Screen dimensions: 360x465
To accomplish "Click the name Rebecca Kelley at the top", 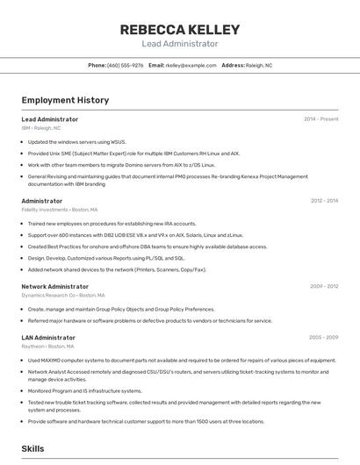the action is point(179,29).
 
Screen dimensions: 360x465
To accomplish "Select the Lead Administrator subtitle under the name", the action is point(179,43).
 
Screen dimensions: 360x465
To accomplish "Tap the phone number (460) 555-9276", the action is point(126,65).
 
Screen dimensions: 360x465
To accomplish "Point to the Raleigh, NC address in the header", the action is point(258,65).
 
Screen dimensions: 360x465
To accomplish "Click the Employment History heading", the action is point(65,100).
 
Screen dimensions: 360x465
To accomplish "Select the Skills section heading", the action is point(32,448).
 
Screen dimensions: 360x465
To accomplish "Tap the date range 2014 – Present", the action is point(320,119).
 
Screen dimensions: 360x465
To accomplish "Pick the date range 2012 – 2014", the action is point(324,201).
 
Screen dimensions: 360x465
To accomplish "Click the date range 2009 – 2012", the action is point(324,286).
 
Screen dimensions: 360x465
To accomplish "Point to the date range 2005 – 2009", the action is point(324,337).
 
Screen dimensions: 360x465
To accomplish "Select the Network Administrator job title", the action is point(54,286).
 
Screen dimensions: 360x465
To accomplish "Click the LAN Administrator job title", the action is point(48,337).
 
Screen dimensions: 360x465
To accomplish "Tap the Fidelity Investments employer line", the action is point(60,210).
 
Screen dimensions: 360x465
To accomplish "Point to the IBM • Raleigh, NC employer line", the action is point(41,128).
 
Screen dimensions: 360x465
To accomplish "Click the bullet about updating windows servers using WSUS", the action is point(77,141).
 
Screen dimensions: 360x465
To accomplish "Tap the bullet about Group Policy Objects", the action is point(121,309).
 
